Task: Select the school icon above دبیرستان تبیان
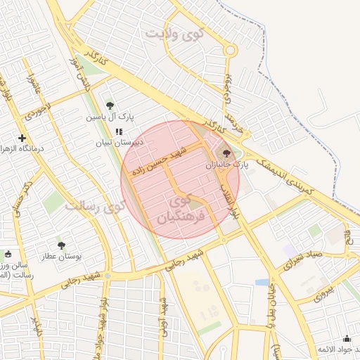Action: click(x=120, y=131)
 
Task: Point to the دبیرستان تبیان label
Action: click(x=120, y=142)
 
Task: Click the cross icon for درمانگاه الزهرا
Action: click(x=22, y=139)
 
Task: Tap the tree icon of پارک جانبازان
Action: click(x=226, y=153)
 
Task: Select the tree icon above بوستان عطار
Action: click(x=61, y=245)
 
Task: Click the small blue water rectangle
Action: click(x=262, y=282)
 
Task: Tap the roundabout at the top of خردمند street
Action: click(x=230, y=50)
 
